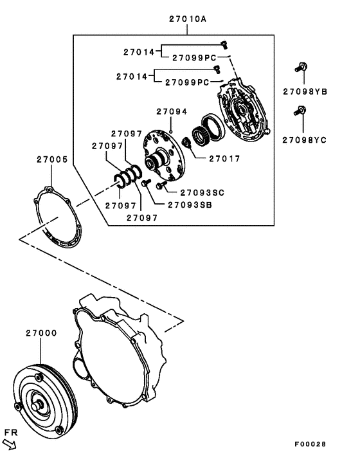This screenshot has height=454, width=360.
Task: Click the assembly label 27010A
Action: (188, 19)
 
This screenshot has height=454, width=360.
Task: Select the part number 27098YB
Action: (305, 92)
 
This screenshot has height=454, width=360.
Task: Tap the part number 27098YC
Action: (305, 138)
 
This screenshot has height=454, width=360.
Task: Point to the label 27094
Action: (171, 111)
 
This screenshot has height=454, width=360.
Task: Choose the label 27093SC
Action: (203, 192)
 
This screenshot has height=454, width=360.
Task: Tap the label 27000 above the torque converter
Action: (41, 333)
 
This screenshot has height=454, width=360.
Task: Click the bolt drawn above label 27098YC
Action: (298, 111)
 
